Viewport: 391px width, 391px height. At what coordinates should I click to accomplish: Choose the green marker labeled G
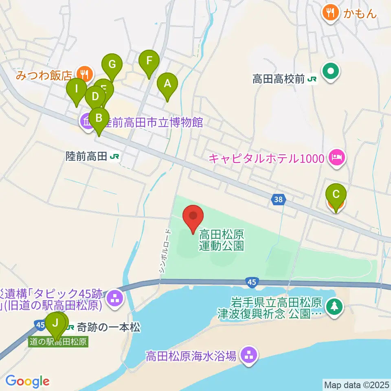(x=112, y=65)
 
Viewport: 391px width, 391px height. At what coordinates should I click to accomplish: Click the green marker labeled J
(x=55, y=323)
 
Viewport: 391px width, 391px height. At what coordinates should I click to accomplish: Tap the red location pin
(x=193, y=216)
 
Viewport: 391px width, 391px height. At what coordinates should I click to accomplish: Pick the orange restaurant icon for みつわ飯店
(x=85, y=74)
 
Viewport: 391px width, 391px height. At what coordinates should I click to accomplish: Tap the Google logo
(x=27, y=381)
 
